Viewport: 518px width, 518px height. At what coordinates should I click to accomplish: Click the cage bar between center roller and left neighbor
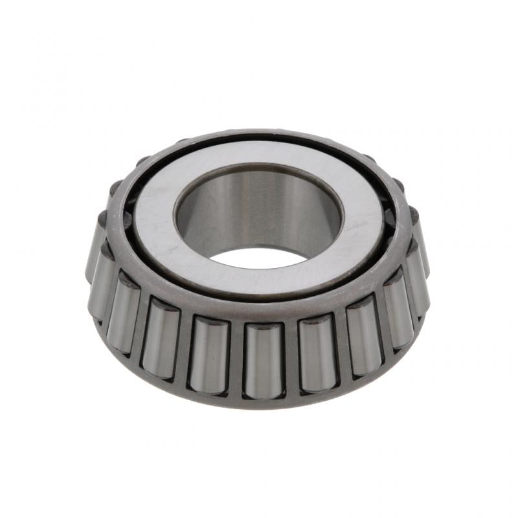click(x=236, y=359)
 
